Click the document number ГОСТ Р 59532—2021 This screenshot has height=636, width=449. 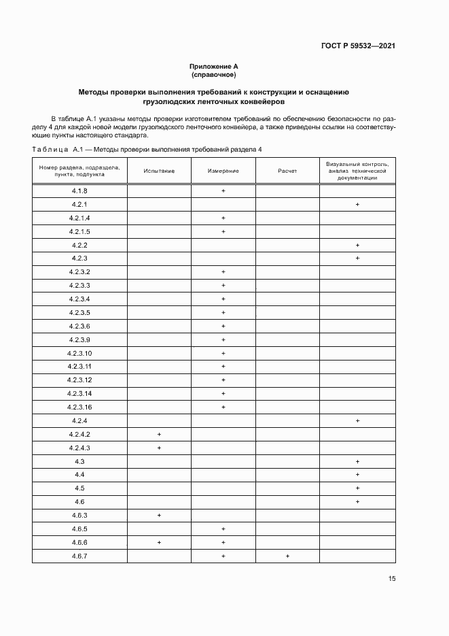point(359,46)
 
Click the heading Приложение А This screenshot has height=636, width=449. point(213,66)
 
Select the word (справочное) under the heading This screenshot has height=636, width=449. point(213,74)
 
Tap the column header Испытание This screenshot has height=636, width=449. point(159,171)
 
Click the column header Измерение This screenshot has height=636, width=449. point(223,171)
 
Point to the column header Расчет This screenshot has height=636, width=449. point(287,171)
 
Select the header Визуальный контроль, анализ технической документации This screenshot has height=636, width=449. point(357,171)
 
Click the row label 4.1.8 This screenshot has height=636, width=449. point(79,191)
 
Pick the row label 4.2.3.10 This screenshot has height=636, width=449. point(79,353)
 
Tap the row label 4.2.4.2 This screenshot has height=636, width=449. point(79,434)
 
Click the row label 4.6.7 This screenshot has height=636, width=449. point(79,556)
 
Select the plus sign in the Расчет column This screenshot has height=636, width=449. point(287,556)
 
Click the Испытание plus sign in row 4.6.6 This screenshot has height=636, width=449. point(159,542)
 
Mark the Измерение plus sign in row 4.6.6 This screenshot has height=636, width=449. point(223,542)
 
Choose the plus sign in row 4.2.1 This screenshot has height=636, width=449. point(357,205)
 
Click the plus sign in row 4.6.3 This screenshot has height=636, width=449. point(159,515)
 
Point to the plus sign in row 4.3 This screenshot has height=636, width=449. point(357,461)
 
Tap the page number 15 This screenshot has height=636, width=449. point(392,579)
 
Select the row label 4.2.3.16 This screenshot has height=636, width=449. point(79,407)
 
